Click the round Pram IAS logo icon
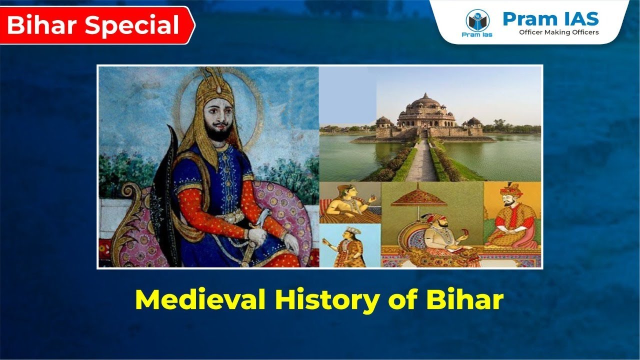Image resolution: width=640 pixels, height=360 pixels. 477,20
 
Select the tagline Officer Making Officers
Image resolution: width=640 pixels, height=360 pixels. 558,32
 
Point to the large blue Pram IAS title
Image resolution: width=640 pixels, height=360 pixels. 550,18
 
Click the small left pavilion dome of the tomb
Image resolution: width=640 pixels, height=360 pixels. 383,120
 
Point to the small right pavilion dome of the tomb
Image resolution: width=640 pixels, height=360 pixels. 473,121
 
